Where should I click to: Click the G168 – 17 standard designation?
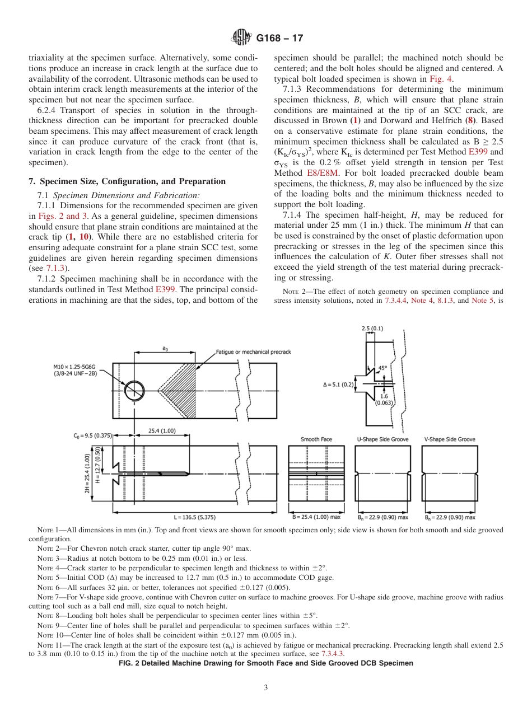279,39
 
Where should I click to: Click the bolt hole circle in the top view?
134,390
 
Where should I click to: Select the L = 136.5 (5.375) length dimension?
194,517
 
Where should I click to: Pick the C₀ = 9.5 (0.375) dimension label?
92,435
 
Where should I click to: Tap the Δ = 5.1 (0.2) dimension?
339,384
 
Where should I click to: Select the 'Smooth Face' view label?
316,439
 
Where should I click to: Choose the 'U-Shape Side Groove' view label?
382,439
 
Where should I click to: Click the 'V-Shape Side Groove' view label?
450,439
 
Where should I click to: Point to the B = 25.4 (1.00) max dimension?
316,517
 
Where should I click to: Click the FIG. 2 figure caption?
266,663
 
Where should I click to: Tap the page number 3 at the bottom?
266,687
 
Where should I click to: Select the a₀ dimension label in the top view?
165,348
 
